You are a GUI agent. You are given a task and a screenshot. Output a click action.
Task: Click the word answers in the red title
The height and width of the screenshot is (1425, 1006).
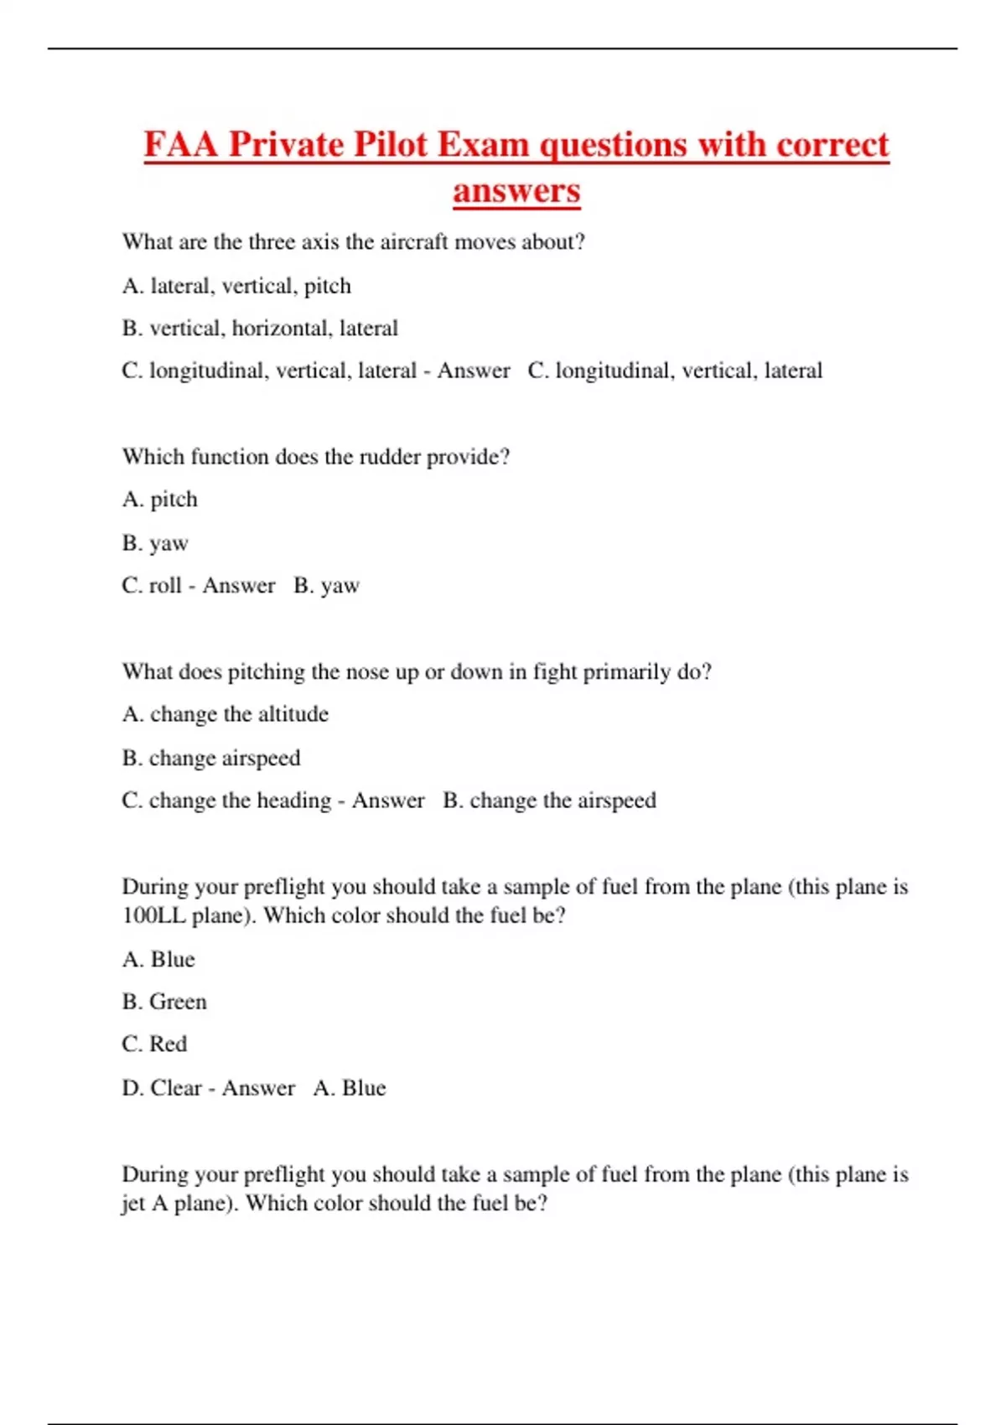(516, 190)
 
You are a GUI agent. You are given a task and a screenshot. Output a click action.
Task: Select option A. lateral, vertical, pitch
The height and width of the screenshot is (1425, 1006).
(236, 286)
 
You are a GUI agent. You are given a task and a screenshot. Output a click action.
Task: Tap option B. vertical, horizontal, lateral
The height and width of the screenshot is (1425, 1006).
(260, 328)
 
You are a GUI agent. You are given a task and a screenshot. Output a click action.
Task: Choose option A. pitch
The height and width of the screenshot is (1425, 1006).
(160, 500)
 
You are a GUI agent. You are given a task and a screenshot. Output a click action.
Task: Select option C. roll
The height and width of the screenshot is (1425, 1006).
(152, 585)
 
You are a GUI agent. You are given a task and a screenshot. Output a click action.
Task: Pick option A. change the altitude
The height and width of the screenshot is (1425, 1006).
(225, 714)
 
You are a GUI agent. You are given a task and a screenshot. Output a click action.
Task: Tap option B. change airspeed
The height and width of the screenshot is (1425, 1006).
(211, 758)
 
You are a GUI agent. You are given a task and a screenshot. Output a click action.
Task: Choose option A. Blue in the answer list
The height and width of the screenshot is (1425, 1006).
(158, 959)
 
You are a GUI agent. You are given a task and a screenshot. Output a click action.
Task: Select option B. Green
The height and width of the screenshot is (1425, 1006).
(164, 1002)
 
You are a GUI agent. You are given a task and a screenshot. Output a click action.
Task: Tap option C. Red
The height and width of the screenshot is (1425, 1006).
(154, 1044)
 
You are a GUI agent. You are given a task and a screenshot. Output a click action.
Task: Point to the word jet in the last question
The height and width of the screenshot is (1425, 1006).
(132, 1204)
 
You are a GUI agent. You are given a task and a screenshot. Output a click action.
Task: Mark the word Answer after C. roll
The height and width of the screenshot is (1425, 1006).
(238, 585)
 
